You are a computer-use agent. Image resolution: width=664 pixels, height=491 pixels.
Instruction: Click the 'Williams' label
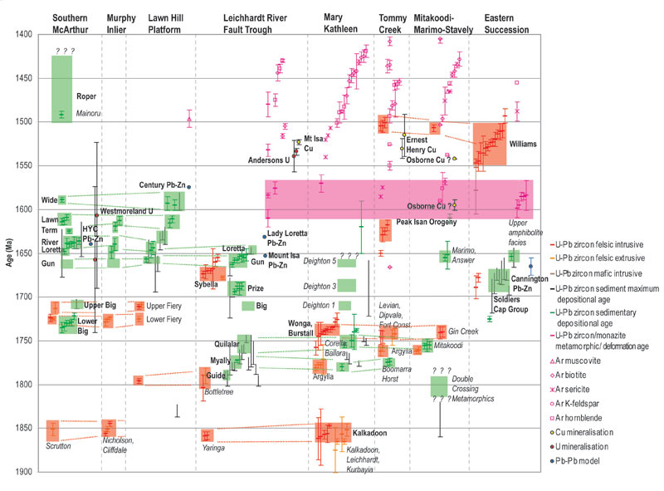pyautogui.click(x=524, y=144)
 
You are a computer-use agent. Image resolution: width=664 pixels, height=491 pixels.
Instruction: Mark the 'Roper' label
pyautogui.click(x=85, y=96)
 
